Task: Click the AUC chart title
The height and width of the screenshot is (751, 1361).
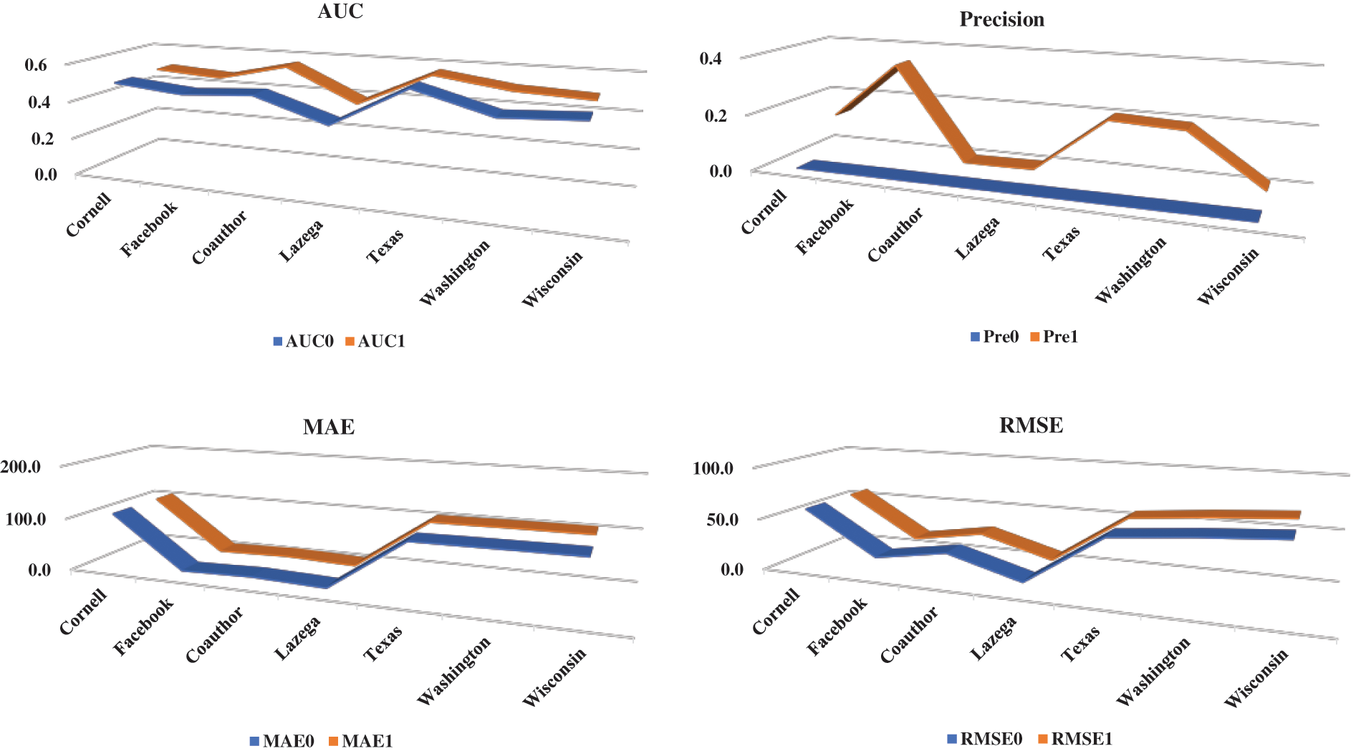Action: pos(340,11)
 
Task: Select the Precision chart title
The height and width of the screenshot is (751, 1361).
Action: pos(1001,19)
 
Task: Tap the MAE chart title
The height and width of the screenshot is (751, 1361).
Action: pos(329,427)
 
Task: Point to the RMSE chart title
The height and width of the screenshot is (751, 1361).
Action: pos(1031,425)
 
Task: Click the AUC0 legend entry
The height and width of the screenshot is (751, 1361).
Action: pos(304,341)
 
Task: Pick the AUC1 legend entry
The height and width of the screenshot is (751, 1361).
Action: pos(375,341)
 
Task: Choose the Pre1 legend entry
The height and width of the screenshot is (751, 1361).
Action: pos(1054,336)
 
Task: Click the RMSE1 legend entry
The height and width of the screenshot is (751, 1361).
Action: pos(1075,739)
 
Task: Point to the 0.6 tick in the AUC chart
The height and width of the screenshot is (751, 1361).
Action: pos(36,65)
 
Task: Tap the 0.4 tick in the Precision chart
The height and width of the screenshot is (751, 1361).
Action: pos(711,58)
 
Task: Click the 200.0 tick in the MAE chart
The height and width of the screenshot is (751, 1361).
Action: pos(21,467)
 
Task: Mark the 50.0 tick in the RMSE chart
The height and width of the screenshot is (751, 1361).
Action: pos(722,520)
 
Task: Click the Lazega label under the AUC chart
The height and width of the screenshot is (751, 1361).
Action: pos(301,241)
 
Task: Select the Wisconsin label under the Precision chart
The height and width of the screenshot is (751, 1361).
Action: pos(1228,276)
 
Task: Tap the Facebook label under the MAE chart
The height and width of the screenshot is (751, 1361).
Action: pos(143,627)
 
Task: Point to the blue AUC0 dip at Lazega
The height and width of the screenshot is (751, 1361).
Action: pos(331,120)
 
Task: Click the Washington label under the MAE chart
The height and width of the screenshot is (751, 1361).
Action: pos(453,671)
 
